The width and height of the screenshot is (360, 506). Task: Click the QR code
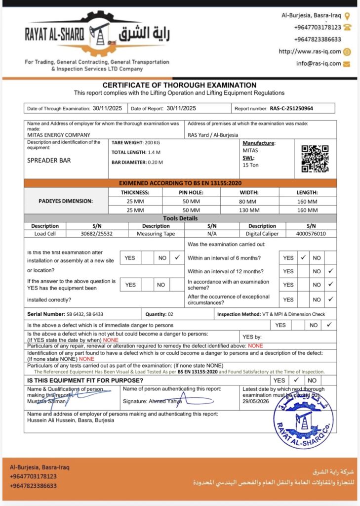coord(315,158)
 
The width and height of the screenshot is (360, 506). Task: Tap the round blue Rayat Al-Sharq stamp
coord(303,420)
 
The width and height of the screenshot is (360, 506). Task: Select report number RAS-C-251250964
coord(291,108)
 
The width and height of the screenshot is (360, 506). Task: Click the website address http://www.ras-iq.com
coord(310,51)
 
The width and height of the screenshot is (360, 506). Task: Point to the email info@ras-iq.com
coord(319,63)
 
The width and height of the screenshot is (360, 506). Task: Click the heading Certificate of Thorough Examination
coord(179,85)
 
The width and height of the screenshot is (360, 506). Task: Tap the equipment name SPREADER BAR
coord(49,161)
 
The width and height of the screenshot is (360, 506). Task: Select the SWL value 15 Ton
coord(250,165)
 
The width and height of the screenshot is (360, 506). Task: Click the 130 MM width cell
coord(248,210)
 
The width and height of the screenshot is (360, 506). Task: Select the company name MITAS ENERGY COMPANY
coord(59,135)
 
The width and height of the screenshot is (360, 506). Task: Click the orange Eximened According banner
coord(180,183)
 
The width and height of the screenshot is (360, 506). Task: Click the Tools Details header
coord(180,218)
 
